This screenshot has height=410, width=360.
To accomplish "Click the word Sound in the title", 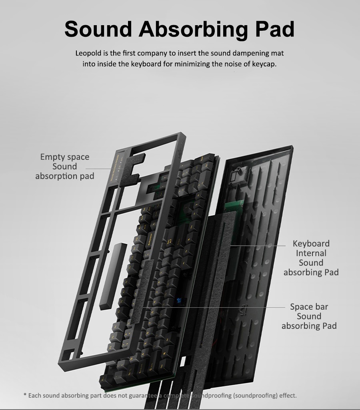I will [x=98, y=29].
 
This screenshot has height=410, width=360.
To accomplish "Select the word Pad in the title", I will [x=274, y=29].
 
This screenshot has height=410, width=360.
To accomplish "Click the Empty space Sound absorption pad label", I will [x=65, y=166].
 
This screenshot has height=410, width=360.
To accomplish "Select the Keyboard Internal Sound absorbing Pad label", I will [x=311, y=258].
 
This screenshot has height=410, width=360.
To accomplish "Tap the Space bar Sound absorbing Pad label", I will [x=309, y=316].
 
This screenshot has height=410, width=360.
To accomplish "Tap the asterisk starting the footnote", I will [x=25, y=396].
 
